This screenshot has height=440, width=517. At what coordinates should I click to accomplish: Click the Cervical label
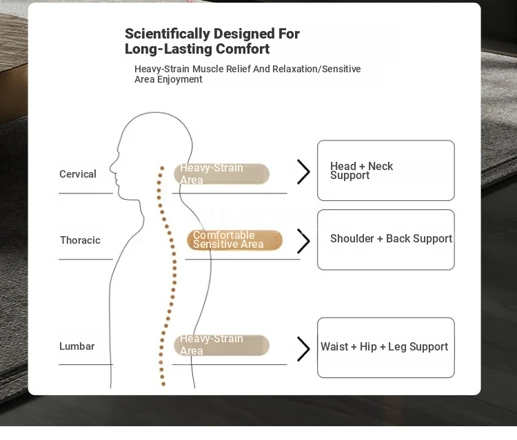[78, 174]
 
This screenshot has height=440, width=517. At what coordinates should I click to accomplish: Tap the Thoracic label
[80, 240]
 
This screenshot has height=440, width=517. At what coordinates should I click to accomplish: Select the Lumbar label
[77, 346]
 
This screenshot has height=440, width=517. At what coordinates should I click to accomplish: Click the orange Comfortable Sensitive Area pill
[234, 240]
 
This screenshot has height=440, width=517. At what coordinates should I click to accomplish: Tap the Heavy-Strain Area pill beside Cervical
[221, 174]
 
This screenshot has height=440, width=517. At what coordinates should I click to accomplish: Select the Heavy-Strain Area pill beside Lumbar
[221, 345]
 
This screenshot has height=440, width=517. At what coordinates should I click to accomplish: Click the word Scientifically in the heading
[168, 34]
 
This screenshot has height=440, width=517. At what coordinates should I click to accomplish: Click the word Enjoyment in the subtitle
[180, 79]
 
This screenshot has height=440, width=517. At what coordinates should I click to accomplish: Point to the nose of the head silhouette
[110, 167]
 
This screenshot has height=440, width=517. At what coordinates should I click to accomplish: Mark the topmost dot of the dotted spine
[162, 168]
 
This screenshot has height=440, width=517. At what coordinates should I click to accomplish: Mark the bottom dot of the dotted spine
[163, 384]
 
